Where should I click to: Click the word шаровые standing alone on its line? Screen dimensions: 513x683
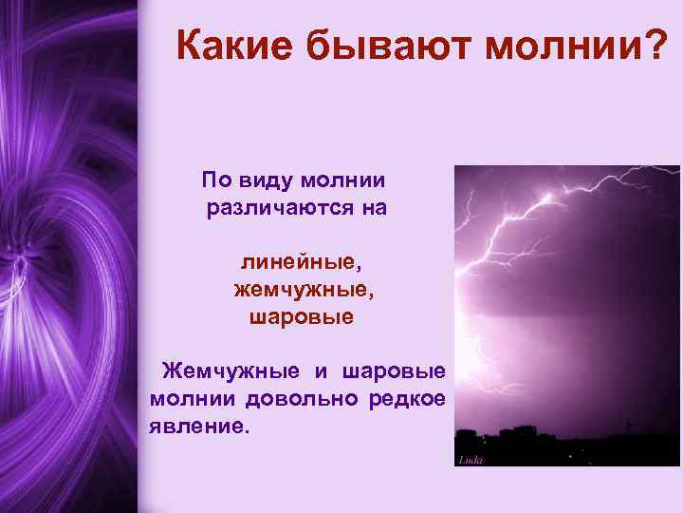(x=301, y=315)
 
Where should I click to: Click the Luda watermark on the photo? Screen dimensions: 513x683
(x=471, y=460)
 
